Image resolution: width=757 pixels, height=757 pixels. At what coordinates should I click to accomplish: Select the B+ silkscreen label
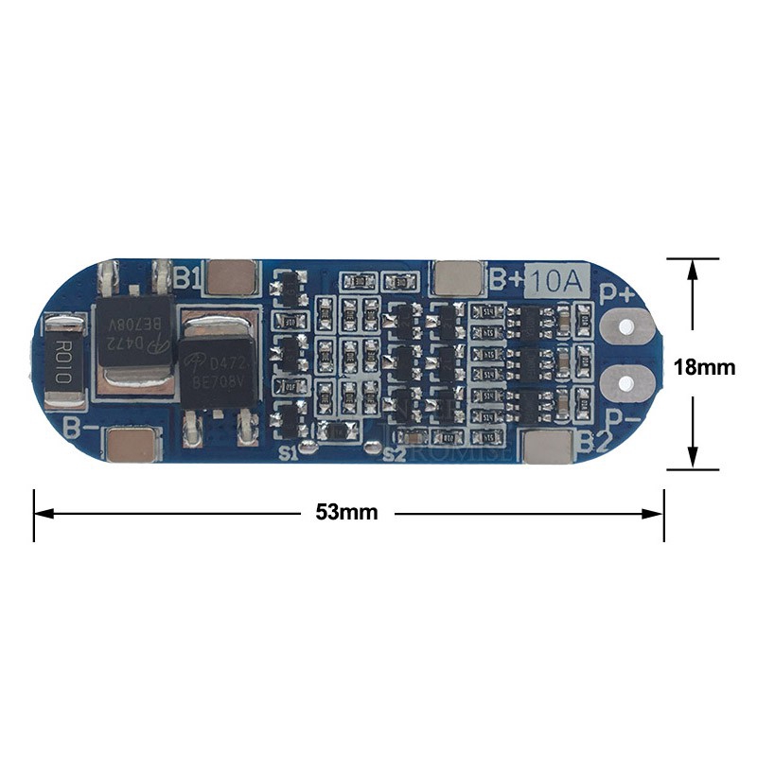[507, 278]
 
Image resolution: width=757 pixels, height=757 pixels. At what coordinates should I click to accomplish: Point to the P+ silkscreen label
[619, 291]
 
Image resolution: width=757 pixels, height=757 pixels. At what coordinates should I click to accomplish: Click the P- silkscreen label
[620, 417]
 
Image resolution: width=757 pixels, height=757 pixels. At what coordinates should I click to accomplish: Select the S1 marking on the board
[290, 453]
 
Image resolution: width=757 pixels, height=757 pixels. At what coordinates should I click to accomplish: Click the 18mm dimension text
[703, 366]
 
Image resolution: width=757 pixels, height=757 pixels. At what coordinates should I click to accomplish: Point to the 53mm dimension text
[346, 513]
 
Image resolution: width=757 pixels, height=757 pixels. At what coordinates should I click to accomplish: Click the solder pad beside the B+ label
[460, 277]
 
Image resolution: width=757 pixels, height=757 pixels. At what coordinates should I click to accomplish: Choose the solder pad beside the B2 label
[550, 448]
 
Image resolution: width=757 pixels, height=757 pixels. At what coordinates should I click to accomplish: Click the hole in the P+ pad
[625, 327]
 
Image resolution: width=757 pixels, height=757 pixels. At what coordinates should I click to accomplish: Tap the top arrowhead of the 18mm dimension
[693, 268]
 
